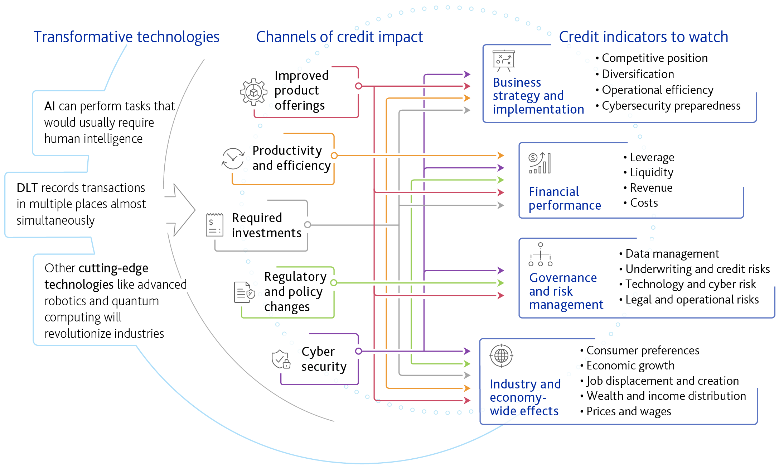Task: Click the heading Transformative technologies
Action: coord(126,37)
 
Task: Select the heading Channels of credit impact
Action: coord(339,37)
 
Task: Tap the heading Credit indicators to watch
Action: coord(643,37)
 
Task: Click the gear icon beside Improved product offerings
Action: coord(253,92)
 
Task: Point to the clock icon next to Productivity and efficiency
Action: coord(233,158)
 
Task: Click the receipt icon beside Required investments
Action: coord(214,225)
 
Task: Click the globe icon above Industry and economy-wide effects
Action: coord(501,355)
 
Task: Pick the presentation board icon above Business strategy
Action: coord(504,61)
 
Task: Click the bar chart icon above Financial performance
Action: coord(540,163)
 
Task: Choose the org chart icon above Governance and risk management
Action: coord(541,254)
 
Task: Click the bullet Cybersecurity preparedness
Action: coord(671,106)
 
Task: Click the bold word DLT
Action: coord(27,188)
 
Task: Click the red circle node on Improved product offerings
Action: coord(358,86)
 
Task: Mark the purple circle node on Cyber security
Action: coord(358,351)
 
